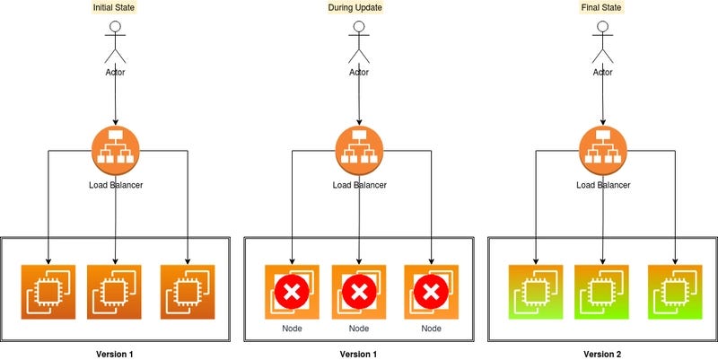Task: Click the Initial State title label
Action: [x=115, y=8]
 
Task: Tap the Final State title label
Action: [x=602, y=8]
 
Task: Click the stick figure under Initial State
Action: [x=115, y=40]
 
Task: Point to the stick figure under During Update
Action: [x=359, y=40]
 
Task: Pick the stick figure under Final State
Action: [x=602, y=40]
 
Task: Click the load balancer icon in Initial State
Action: [x=115, y=148]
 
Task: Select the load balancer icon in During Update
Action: [x=359, y=148]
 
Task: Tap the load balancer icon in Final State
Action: [x=602, y=148]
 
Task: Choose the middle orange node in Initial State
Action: [x=115, y=292]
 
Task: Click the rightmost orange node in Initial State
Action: [x=188, y=292]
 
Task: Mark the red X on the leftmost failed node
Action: [x=291, y=292]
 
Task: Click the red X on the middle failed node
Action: [x=359, y=292]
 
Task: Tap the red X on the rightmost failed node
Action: [x=432, y=292]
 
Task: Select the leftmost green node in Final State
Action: [x=535, y=292]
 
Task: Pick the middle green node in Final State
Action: [x=601, y=292]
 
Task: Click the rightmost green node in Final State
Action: [x=674, y=292]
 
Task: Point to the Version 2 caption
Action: [x=602, y=354]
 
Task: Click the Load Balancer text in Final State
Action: [x=602, y=186]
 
